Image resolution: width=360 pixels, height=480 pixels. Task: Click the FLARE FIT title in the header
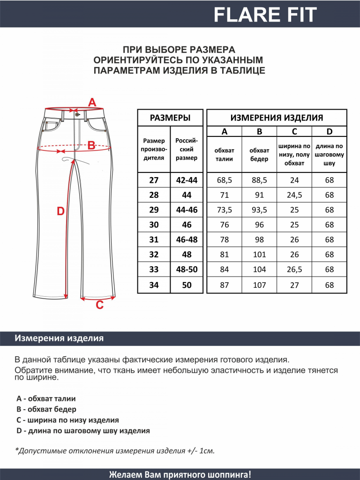click(x=265, y=15)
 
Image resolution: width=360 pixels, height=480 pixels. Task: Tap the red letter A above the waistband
click(x=92, y=102)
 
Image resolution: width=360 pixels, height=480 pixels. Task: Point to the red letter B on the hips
click(x=92, y=145)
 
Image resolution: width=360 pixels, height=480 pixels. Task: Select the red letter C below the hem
click(x=99, y=306)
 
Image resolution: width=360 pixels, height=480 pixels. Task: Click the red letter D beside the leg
click(x=60, y=211)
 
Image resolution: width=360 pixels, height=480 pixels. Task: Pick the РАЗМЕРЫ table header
click(x=170, y=118)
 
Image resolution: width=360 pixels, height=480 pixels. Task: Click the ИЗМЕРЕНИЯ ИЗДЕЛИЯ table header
click(x=277, y=118)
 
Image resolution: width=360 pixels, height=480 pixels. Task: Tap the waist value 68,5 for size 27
click(x=225, y=180)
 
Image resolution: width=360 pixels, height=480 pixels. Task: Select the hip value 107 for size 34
click(x=259, y=285)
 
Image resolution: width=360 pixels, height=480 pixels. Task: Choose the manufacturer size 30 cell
click(x=154, y=225)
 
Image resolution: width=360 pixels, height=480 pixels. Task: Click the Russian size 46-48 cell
click(x=187, y=240)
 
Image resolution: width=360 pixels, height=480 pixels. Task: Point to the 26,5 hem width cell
click(x=294, y=270)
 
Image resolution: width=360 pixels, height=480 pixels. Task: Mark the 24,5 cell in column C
click(x=294, y=195)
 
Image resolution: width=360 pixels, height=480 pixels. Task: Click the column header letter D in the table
click(x=329, y=132)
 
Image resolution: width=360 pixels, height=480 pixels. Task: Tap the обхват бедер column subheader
click(x=259, y=155)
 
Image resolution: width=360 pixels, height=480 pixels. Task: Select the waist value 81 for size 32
click(x=225, y=255)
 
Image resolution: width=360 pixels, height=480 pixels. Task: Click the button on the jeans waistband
click(x=77, y=114)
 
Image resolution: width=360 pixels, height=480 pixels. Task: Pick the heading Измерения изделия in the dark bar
click(x=59, y=338)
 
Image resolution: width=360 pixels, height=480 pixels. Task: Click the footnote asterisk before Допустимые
click(x=16, y=450)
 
